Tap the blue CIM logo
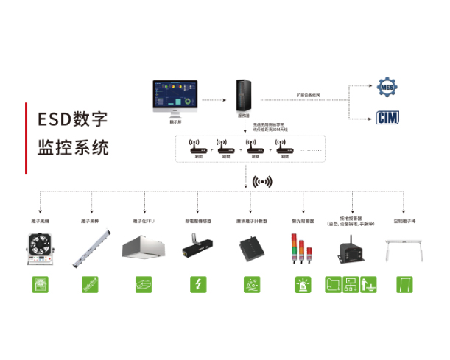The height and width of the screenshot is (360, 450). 387,117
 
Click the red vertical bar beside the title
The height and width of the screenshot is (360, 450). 26,133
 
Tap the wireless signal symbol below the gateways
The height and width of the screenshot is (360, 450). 262,180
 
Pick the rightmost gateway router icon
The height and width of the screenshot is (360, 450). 284,147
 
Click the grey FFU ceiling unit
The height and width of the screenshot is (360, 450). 144,250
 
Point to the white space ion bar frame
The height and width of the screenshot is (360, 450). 404,250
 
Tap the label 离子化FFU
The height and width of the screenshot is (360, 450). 144,221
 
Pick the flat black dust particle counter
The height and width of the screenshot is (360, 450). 248,250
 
